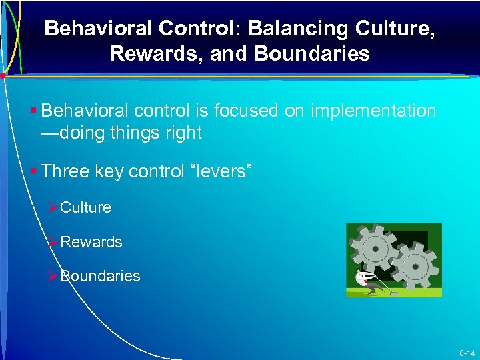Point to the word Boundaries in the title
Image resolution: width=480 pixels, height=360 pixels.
[x=310, y=53]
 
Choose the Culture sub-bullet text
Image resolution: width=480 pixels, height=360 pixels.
[x=85, y=207]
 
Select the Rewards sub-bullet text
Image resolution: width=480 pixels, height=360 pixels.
[x=91, y=242]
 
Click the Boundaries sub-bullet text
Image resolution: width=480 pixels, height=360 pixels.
[x=100, y=276]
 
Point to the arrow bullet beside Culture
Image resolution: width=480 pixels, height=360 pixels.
[x=53, y=207]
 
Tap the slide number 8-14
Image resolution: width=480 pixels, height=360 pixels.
[x=465, y=351]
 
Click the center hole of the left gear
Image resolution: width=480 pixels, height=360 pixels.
[x=376, y=249]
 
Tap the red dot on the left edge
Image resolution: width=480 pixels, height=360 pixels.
[x=3, y=75]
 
